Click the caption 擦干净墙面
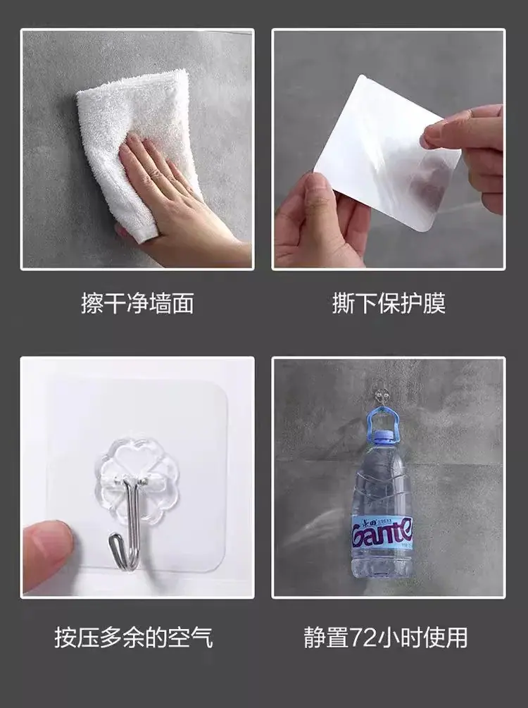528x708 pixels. [138, 303]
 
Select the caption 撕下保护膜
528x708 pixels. [389, 303]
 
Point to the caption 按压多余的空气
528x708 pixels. [134, 638]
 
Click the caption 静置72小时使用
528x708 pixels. [386, 638]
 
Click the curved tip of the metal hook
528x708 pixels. [115, 542]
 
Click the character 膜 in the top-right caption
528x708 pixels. [434, 303]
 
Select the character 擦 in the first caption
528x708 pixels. [92, 303]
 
